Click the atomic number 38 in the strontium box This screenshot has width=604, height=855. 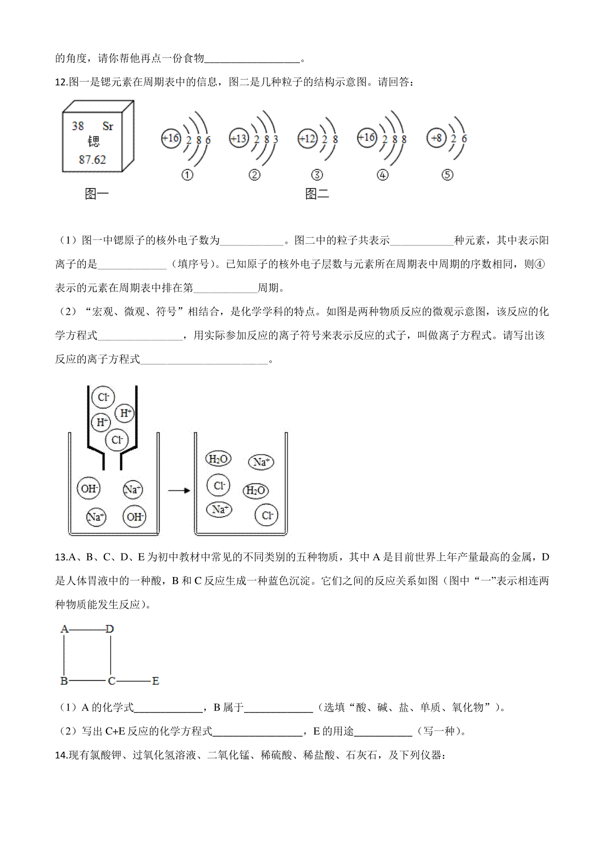click(x=78, y=126)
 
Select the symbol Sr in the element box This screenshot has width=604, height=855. click(x=108, y=126)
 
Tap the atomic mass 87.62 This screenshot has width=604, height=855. click(x=93, y=160)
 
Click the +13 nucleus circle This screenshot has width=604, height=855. click(x=239, y=138)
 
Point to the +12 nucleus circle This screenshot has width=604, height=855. click(x=308, y=138)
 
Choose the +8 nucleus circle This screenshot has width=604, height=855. click(x=436, y=138)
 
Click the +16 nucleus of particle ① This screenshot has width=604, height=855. click(x=171, y=138)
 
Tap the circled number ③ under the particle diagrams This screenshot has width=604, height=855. click(x=317, y=175)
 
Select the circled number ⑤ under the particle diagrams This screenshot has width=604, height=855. click(x=447, y=175)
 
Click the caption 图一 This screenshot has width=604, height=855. click(x=97, y=193)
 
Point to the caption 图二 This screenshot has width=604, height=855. click(x=317, y=193)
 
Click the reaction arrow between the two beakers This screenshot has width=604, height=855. click(x=179, y=490)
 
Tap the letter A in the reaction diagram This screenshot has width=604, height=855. click(x=64, y=629)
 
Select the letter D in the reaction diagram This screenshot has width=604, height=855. click(x=110, y=629)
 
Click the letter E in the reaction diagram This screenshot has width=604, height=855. click(x=156, y=681)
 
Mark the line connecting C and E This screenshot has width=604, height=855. click(x=133, y=681)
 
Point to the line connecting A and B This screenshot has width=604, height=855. click(x=64, y=655)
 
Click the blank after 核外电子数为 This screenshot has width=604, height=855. click(x=252, y=241)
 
